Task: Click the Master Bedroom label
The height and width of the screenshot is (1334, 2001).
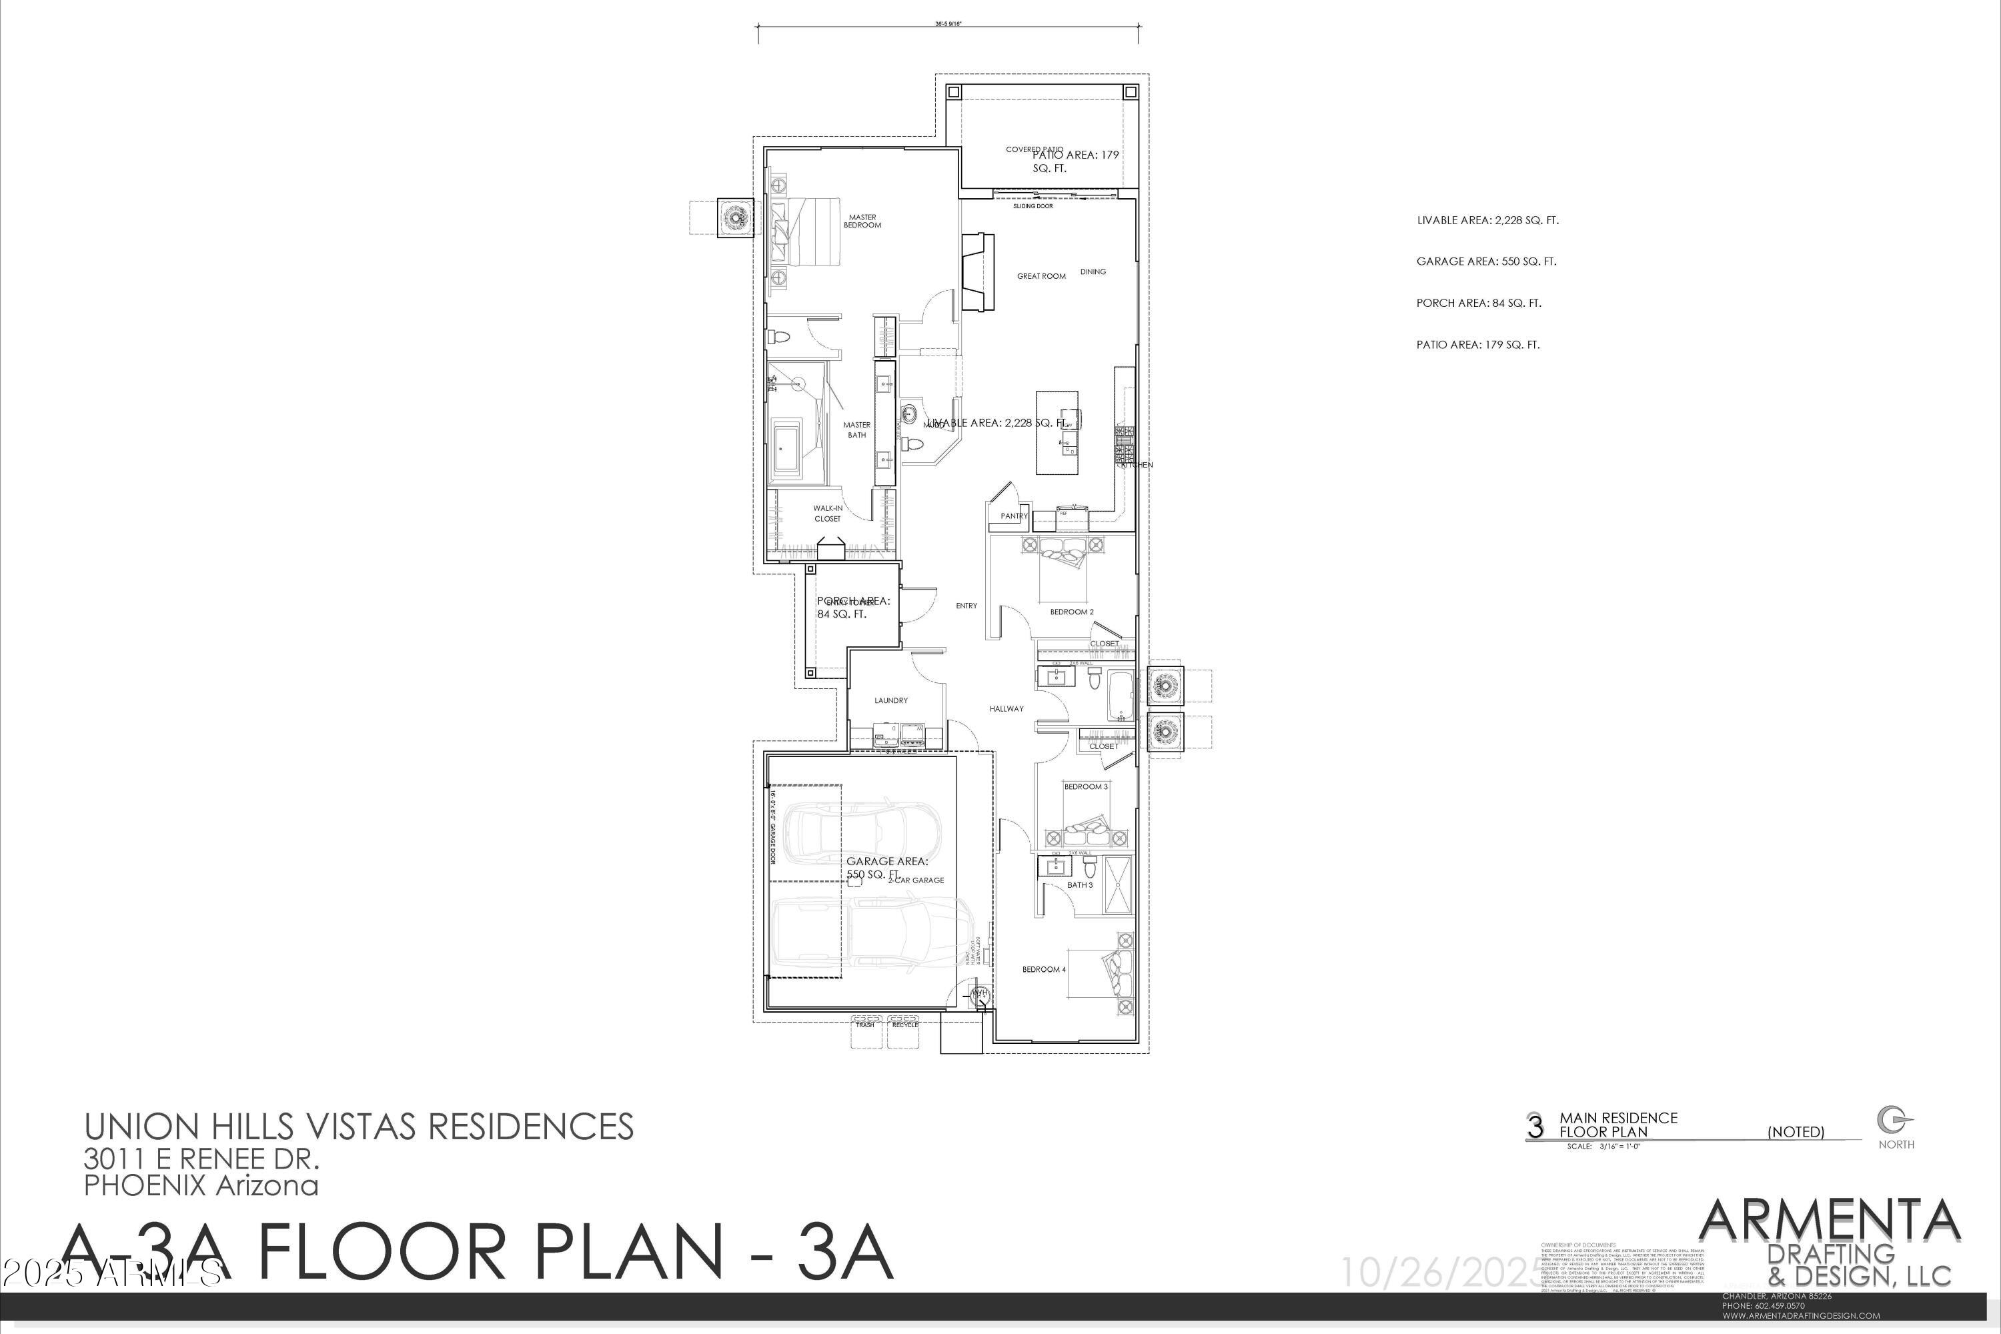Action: coord(862,221)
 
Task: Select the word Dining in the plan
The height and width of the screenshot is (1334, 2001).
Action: coord(1093,272)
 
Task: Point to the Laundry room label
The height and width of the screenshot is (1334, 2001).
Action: coord(890,701)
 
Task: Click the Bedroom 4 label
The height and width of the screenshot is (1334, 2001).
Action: coord(1044,970)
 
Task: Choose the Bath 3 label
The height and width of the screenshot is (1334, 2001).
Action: coord(1080,886)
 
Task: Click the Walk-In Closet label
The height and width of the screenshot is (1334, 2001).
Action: coord(827,514)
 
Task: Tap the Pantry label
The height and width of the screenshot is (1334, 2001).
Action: coord(1014,516)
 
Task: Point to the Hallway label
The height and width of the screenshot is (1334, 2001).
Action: coord(1007,708)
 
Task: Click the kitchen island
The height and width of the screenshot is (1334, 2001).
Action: coord(1056,433)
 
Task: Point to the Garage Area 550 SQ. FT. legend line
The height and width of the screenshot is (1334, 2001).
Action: coord(1486,262)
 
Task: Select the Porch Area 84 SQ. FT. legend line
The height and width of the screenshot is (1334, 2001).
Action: coord(1479,303)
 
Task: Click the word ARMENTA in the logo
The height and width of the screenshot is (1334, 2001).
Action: coord(1829,1222)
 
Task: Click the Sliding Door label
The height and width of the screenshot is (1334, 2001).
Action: coord(1033,207)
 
